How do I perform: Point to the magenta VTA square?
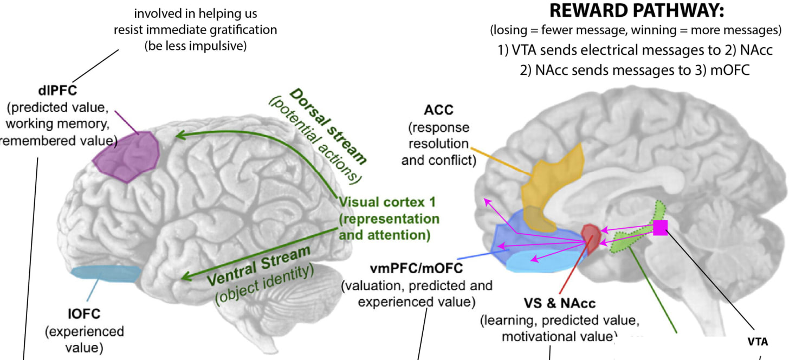pyautogui.click(x=660, y=228)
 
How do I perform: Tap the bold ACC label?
pyautogui.click(x=438, y=111)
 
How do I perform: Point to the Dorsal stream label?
pyautogui.click(x=328, y=126)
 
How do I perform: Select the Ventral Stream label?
pyautogui.click(x=259, y=266)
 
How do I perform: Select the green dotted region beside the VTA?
pyautogui.click(x=631, y=239)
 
